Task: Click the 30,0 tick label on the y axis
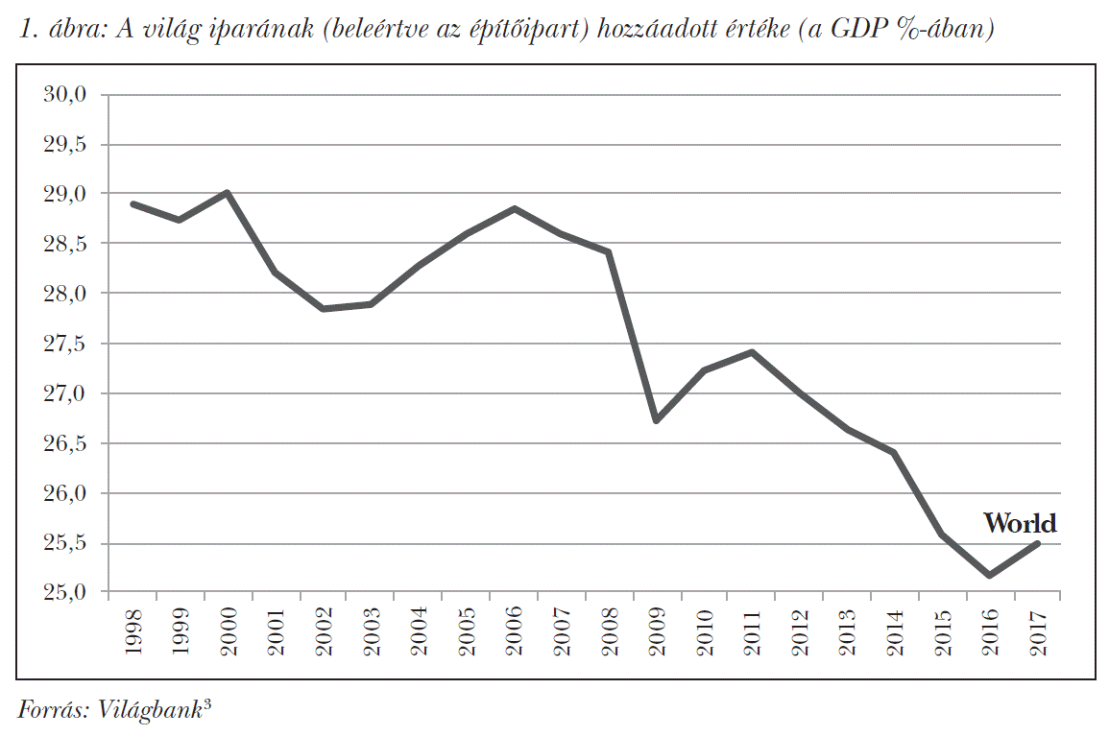click(x=64, y=94)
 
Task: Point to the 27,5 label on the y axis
click(x=64, y=344)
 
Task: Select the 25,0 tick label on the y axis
click(x=64, y=593)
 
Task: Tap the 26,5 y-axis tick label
click(x=64, y=443)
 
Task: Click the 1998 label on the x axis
click(x=133, y=631)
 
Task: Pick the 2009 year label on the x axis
click(x=656, y=631)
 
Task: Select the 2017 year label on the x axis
click(x=1037, y=631)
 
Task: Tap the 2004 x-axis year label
click(x=419, y=631)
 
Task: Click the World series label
click(x=1019, y=523)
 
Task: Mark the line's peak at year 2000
click(x=228, y=193)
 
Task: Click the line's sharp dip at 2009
click(x=656, y=420)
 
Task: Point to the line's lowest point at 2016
click(x=989, y=576)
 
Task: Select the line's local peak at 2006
click(x=514, y=208)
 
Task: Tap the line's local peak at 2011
click(x=752, y=352)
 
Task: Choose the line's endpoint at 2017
click(x=1037, y=543)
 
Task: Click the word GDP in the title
click(x=868, y=31)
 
